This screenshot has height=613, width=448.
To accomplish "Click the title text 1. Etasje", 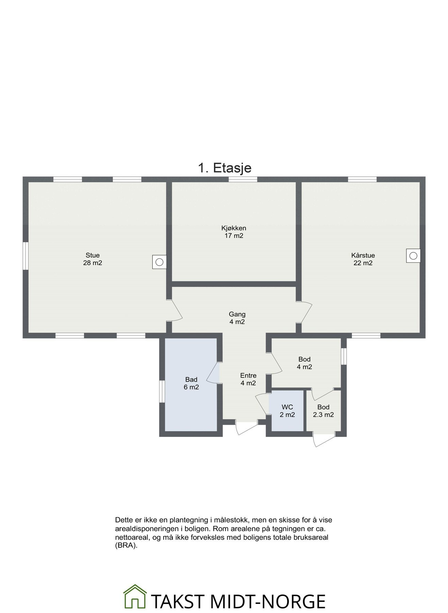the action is [225, 168].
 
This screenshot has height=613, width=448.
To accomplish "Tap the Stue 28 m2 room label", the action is [93, 259].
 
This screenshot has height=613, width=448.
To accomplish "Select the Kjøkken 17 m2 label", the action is [234, 232].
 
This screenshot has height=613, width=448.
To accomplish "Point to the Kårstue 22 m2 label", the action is [363, 259].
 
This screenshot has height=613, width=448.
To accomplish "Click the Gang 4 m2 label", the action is [237, 318].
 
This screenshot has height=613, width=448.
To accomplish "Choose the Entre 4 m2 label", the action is [248, 379].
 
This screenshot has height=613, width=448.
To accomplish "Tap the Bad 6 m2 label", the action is [191, 383].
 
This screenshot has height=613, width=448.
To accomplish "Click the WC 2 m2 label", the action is [287, 411].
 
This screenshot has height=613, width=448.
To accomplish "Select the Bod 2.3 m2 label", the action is [323, 411].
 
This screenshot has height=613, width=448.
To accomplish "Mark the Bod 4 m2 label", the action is [304, 363].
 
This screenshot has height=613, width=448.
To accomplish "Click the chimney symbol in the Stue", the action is [159, 262].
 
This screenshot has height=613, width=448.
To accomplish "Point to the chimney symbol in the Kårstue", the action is [413, 255].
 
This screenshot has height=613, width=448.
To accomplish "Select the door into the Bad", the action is [214, 373].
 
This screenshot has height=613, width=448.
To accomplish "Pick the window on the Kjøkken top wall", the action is [243, 179].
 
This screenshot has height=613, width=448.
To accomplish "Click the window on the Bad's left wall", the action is [162, 392].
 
